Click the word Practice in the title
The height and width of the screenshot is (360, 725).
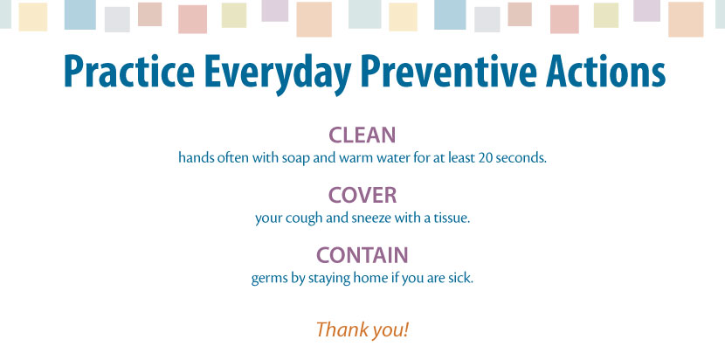pyautogui.click(x=129, y=72)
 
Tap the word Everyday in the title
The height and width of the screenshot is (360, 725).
pyautogui.click(x=278, y=73)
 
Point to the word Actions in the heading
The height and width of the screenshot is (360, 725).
pyautogui.click(x=605, y=72)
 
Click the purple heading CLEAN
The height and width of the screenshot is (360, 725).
pyautogui.click(x=362, y=135)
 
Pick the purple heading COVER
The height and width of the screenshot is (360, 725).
pyautogui.click(x=362, y=195)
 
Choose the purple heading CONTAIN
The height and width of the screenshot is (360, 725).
pyautogui.click(x=362, y=255)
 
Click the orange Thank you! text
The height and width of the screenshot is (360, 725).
pyautogui.click(x=362, y=329)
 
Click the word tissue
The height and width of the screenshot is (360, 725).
pyautogui.click(x=453, y=218)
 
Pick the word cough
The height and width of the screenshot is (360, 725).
pyautogui.click(x=301, y=218)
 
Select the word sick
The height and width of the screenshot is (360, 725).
pyautogui.click(x=462, y=278)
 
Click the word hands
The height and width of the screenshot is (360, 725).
pyautogui.click(x=192, y=158)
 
